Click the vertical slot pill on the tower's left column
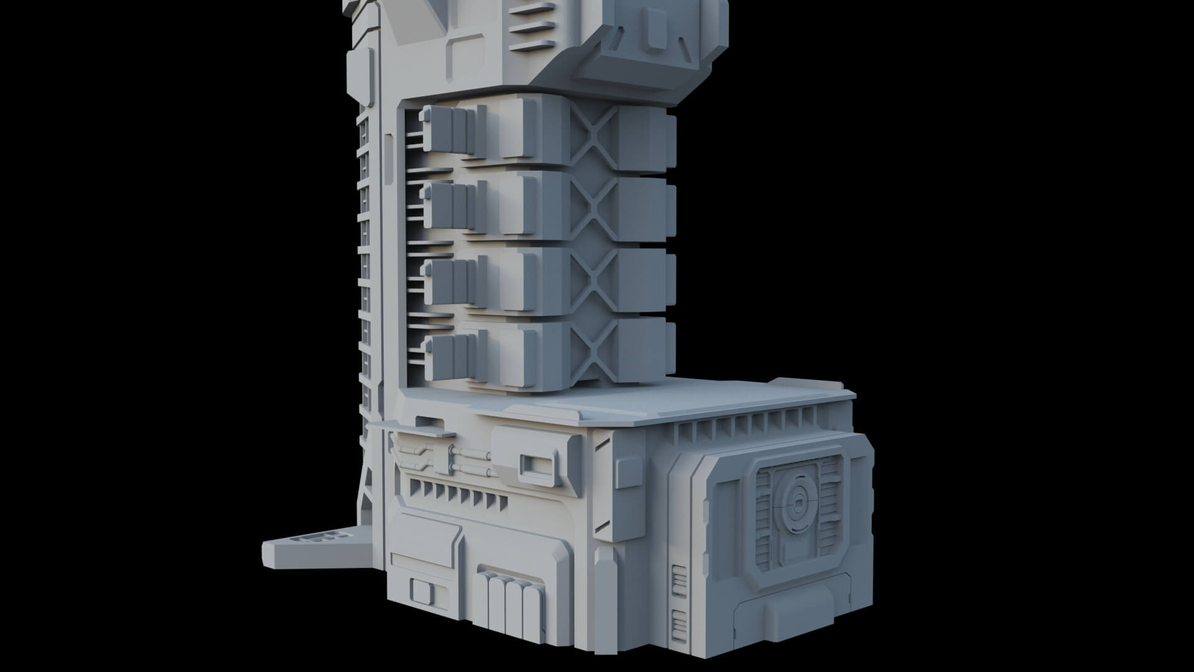point(388,159)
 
